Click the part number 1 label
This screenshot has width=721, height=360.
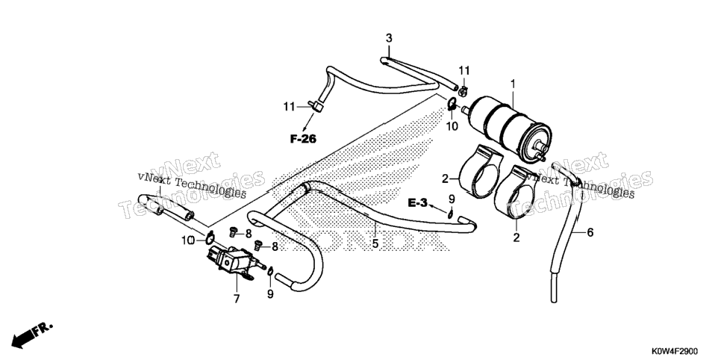514,84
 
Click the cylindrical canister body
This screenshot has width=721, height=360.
508,123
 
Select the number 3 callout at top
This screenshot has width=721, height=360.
389,38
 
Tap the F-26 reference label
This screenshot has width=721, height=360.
303,138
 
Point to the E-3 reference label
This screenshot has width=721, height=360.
417,202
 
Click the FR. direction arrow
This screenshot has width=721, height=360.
32,335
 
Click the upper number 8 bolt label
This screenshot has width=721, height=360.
249,233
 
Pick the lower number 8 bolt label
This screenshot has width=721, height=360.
275,246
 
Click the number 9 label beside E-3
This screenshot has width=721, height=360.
452,199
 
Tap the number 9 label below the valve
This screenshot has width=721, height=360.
270,294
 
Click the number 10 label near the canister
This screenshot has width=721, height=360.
452,126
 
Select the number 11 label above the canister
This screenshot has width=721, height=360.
464,70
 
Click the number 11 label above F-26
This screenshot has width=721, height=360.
290,107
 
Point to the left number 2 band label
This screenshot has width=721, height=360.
445,179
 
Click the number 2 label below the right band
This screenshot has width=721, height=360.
516,238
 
